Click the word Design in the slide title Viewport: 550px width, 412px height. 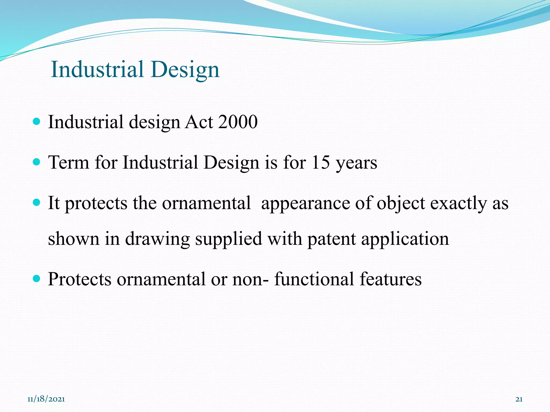click(x=185, y=70)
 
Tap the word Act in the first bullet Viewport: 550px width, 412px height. click(x=199, y=122)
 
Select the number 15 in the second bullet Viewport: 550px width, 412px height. click(x=320, y=163)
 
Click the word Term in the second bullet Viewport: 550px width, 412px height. click(x=68, y=163)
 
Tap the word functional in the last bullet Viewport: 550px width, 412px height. click(x=314, y=279)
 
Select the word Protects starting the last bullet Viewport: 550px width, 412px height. click(x=79, y=279)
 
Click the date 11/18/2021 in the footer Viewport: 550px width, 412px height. click(x=46, y=399)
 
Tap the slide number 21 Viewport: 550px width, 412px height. click(x=519, y=399)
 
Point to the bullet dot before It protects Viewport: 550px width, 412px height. click(x=36, y=202)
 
